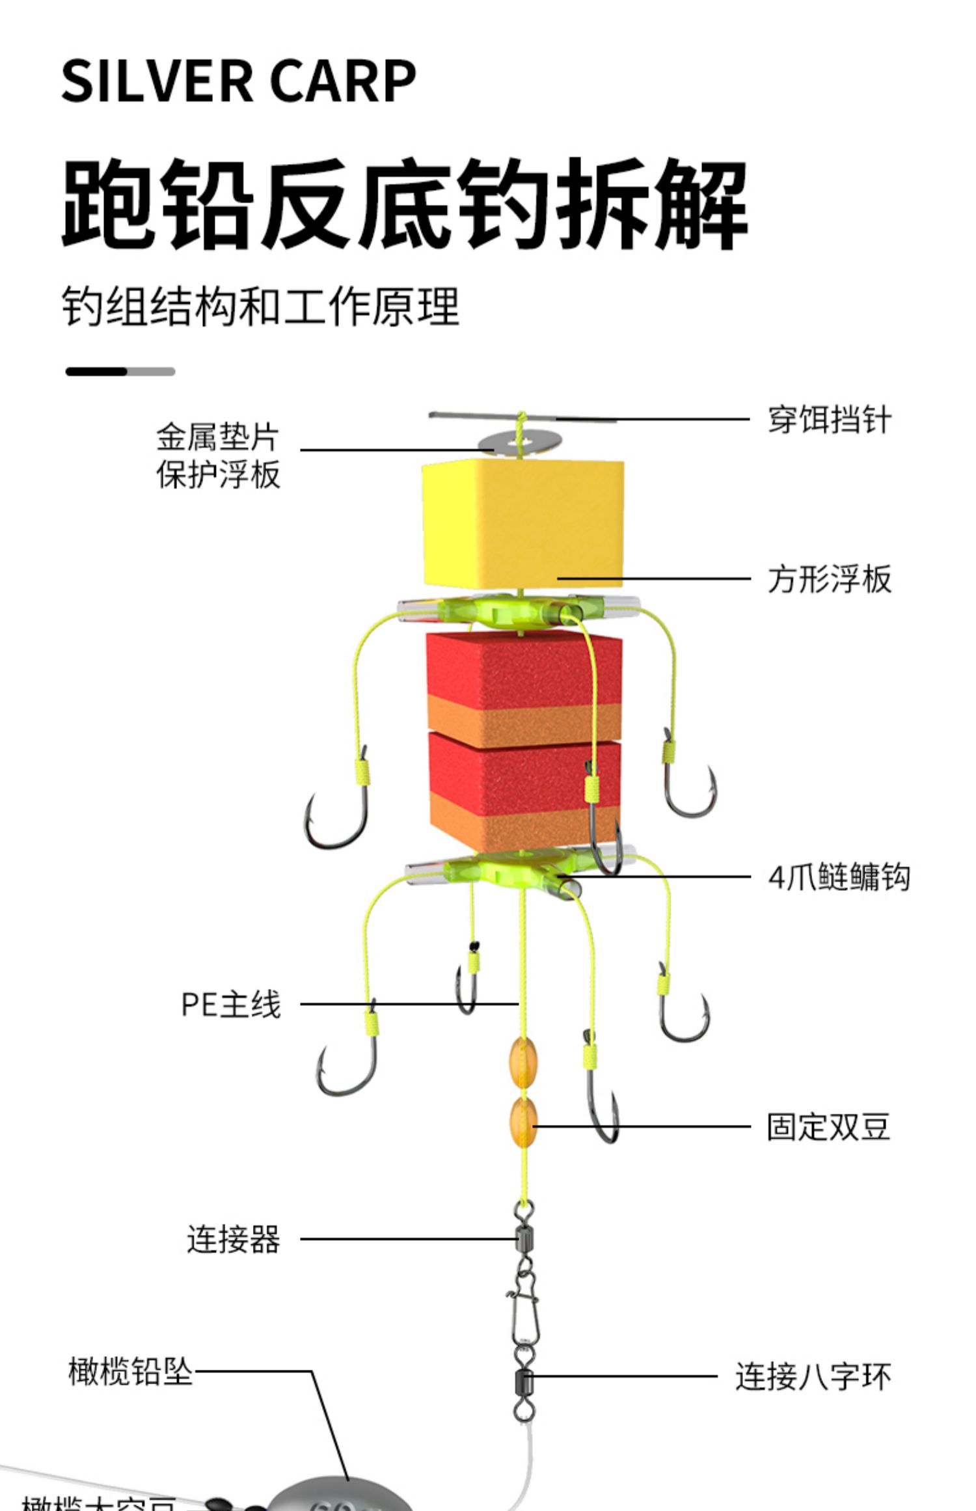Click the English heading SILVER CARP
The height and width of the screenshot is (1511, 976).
click(239, 81)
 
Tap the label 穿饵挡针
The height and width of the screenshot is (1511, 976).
click(829, 420)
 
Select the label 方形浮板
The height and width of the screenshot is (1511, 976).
click(829, 579)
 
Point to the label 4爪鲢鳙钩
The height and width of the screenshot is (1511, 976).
click(839, 877)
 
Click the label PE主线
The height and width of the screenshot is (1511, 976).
click(231, 1004)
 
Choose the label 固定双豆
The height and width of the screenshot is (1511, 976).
click(828, 1127)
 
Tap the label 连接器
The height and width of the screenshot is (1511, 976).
click(234, 1239)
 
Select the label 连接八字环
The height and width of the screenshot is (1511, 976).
click(813, 1376)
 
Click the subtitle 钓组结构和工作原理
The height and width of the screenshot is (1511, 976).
click(261, 306)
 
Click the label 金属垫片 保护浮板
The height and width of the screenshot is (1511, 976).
click(218, 456)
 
